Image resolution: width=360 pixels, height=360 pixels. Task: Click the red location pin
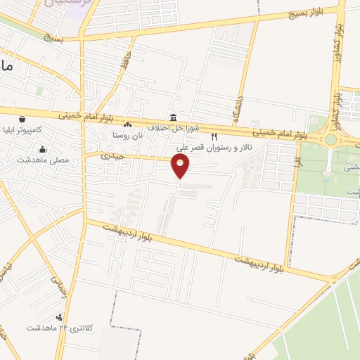click(x=181, y=166)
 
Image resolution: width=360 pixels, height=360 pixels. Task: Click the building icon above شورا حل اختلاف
click(x=173, y=117)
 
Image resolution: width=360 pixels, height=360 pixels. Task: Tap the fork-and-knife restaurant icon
click(x=214, y=138)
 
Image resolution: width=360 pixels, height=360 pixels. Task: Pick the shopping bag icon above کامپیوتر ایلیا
click(x=23, y=120)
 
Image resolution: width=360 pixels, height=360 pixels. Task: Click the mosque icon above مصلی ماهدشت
click(x=44, y=149)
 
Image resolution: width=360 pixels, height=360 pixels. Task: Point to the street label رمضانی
click(x=56, y=284)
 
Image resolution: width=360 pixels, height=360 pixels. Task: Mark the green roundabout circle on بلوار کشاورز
click(x=330, y=139)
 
